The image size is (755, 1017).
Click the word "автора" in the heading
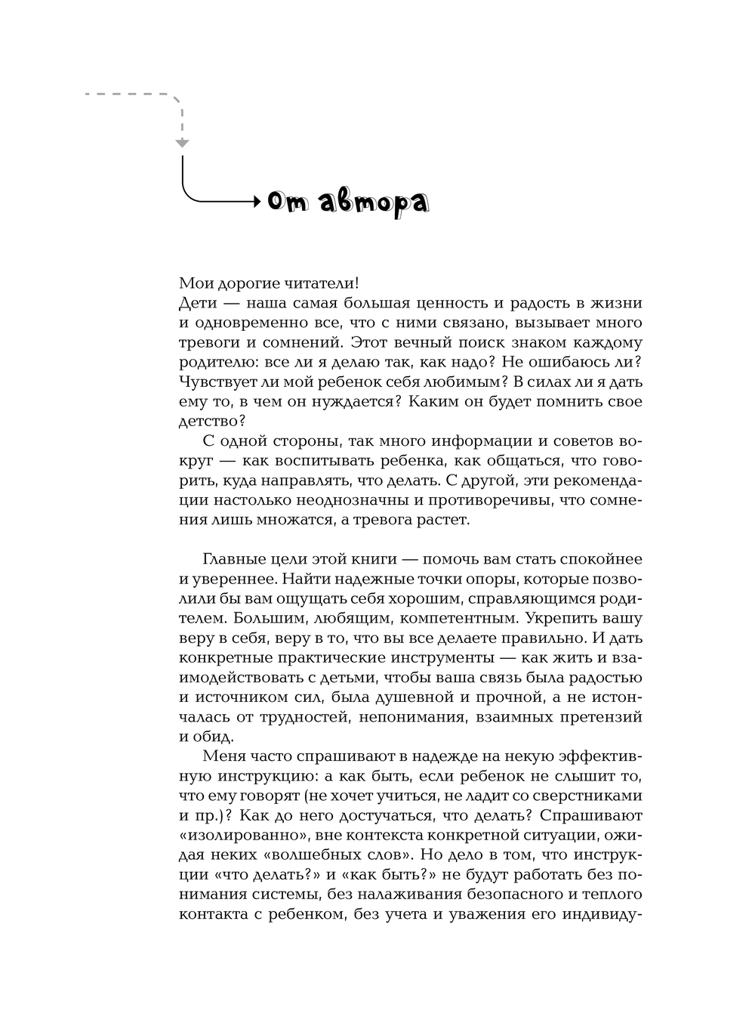pyautogui.click(x=374, y=202)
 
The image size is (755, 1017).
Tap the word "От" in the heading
pyautogui.click(x=286, y=202)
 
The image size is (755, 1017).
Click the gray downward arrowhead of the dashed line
pyautogui.click(x=182, y=142)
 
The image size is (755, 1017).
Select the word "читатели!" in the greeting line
pyautogui.click(x=319, y=283)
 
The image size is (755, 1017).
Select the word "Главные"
pyautogui.click(x=233, y=559)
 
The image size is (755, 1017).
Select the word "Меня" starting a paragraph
pyautogui.click(x=223, y=756)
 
